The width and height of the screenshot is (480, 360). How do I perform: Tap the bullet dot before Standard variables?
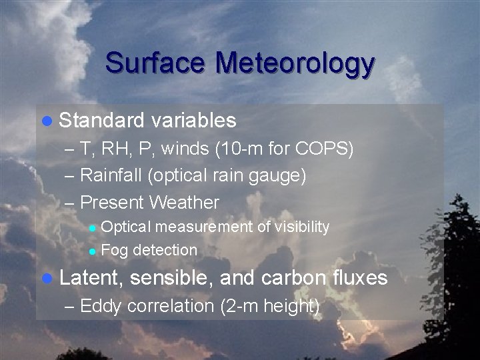coord(47,121)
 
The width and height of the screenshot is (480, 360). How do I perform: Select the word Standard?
coord(101,120)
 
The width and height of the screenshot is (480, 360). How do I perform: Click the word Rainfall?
coord(112,175)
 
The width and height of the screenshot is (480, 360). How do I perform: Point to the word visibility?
coord(302,227)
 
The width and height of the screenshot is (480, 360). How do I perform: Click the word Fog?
coord(115,251)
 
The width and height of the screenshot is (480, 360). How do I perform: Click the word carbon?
coord(294,277)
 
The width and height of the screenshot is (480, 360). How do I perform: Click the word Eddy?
coord(101,306)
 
